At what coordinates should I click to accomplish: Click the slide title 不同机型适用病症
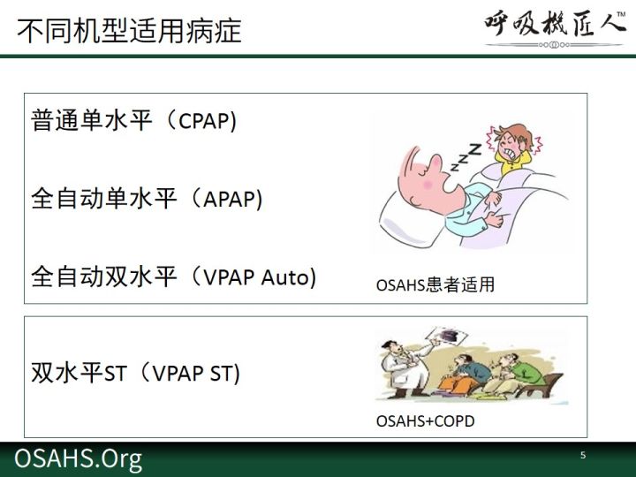[x=129, y=31]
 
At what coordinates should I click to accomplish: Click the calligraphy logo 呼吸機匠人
[x=554, y=25]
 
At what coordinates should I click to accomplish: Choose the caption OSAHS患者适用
[x=435, y=284]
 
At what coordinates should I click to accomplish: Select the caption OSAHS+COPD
[x=426, y=421]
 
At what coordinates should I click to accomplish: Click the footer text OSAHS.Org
[x=79, y=459]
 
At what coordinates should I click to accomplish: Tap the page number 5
[x=583, y=455]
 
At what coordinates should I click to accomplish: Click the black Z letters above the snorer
[x=466, y=157]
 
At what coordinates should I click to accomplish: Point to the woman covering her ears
[x=514, y=148]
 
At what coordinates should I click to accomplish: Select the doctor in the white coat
[x=405, y=367]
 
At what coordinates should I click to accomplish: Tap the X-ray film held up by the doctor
[x=446, y=337]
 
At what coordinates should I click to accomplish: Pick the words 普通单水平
[x=92, y=120]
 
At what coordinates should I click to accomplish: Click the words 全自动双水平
[x=104, y=277]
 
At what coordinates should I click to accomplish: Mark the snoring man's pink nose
[x=435, y=163]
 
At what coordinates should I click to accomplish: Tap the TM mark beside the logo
[x=621, y=15]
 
